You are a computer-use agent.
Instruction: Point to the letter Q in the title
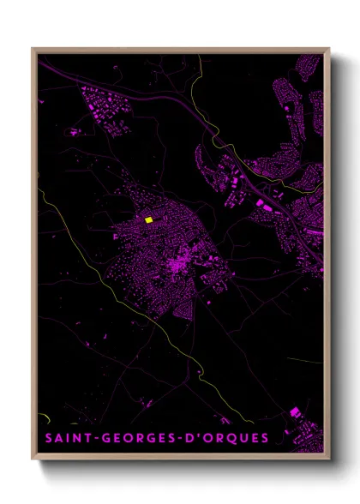point(233,439)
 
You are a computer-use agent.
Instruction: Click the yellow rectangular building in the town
point(148,220)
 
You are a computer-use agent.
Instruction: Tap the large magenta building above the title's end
point(296,412)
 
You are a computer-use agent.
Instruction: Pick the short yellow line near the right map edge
point(304,360)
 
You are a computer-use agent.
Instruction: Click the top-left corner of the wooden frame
point(33,49)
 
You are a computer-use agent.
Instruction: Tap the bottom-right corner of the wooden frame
point(328,457)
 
